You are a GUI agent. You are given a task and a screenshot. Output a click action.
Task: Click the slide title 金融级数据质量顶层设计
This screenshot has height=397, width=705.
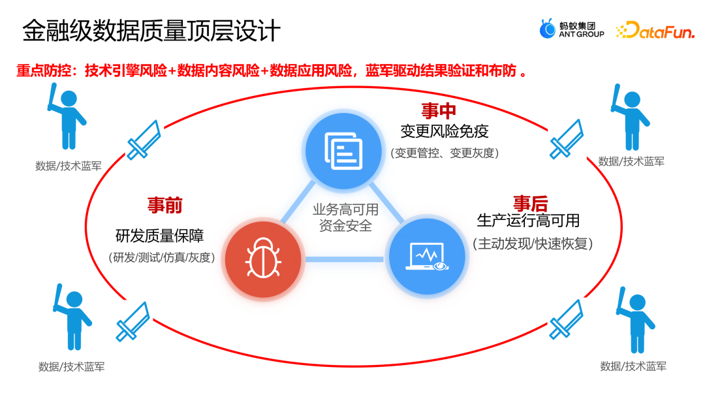click(151, 31)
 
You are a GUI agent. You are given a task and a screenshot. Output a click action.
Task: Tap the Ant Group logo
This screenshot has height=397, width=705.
click(572, 29)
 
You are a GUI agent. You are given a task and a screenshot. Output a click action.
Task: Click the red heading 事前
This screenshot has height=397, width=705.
click(164, 206)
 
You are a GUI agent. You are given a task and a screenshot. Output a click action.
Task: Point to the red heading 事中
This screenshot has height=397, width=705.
click(438, 110)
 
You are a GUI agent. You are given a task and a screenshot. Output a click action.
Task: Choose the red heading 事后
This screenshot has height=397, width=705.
click(529, 203)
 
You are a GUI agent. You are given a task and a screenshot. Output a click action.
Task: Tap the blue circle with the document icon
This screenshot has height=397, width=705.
click(343, 151)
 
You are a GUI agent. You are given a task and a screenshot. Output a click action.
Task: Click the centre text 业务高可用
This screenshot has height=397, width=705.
click(345, 210)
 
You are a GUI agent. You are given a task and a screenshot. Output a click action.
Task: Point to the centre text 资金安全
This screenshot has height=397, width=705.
click(345, 226)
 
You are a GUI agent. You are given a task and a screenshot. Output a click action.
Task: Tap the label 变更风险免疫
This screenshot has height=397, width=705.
click(444, 132)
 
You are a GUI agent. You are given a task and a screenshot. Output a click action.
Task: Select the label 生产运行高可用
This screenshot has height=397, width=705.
click(528, 221)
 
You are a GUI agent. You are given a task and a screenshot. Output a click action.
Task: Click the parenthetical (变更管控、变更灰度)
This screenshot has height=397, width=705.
click(445, 153)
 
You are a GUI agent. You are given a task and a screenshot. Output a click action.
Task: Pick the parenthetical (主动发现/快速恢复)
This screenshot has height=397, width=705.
click(532, 244)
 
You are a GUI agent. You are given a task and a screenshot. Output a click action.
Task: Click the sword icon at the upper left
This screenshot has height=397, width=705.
click(144, 139)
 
